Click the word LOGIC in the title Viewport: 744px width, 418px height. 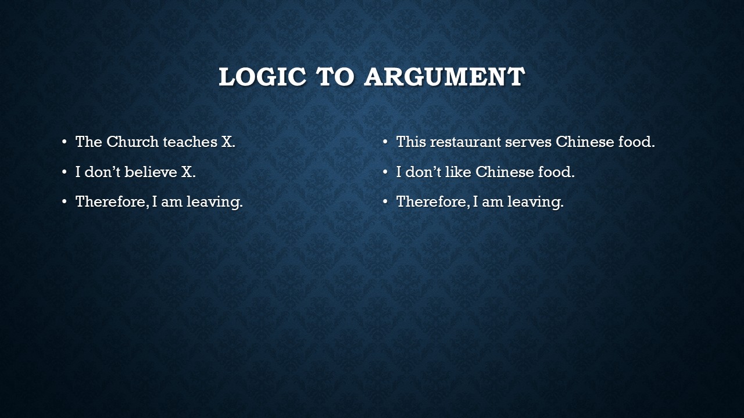(262, 77)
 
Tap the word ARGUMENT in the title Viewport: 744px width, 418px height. (445, 77)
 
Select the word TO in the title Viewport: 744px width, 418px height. (335, 77)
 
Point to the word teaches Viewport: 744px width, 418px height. (190, 142)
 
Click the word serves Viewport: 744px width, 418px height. (528, 143)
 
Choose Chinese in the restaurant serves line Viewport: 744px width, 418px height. (585, 142)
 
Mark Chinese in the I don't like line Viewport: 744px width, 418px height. (505, 172)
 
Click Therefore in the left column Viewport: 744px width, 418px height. (112, 201)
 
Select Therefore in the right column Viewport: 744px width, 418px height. (433, 201)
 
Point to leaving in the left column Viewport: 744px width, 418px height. (214, 202)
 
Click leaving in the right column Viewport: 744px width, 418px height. (535, 202)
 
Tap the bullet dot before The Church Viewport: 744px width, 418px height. (65, 142)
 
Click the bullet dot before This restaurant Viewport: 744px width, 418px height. (385, 142)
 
